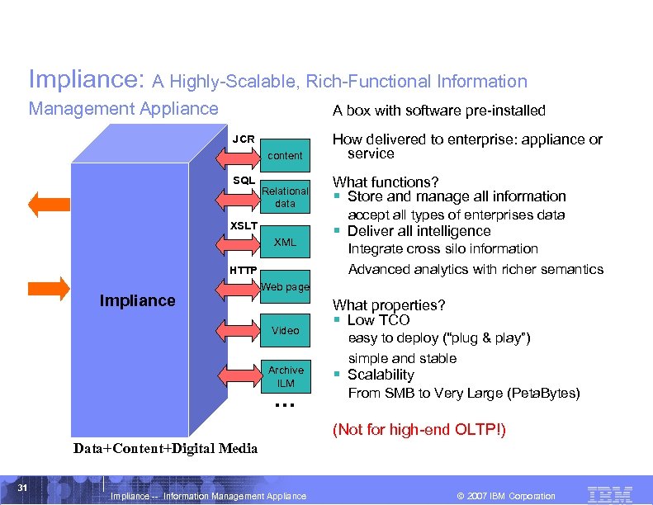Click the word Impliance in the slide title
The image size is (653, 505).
tap(87, 79)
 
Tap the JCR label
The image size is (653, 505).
tap(243, 139)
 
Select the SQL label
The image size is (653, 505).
tap(244, 181)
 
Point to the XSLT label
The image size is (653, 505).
tap(244, 225)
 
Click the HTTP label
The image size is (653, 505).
tap(244, 271)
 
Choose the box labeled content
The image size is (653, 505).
tap(286, 155)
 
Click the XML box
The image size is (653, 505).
tap(285, 243)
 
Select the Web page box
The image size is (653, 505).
tap(285, 287)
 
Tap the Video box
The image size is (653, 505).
tap(285, 330)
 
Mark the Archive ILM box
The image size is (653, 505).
tap(286, 376)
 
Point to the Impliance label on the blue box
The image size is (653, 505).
tap(137, 301)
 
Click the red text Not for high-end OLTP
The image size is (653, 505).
tap(419, 430)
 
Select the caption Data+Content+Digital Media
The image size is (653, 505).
tap(165, 449)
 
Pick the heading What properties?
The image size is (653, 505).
tap(389, 305)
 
